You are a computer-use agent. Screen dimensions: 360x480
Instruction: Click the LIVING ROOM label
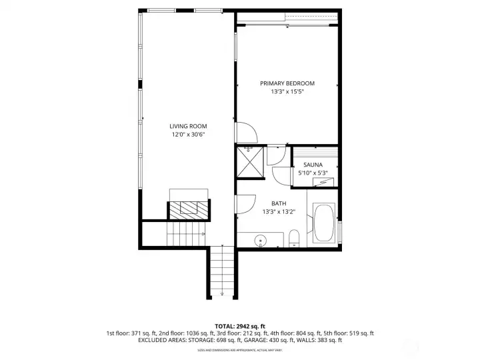(x=187, y=126)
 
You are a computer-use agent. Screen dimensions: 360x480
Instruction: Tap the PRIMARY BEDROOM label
(x=287, y=83)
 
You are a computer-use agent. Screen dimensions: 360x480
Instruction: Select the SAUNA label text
(x=313, y=165)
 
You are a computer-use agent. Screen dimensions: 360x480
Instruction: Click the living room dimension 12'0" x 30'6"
(x=187, y=135)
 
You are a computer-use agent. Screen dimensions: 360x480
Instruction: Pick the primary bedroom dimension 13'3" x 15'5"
(x=287, y=92)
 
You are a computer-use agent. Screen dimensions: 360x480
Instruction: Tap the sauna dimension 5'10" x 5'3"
(x=313, y=173)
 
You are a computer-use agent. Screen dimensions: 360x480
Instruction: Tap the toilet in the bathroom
(x=293, y=238)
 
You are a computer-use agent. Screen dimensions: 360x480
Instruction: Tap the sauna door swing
(x=281, y=174)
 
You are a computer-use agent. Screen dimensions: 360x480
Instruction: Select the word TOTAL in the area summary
(x=225, y=325)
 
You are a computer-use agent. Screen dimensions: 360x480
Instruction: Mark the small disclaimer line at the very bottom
(x=239, y=349)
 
